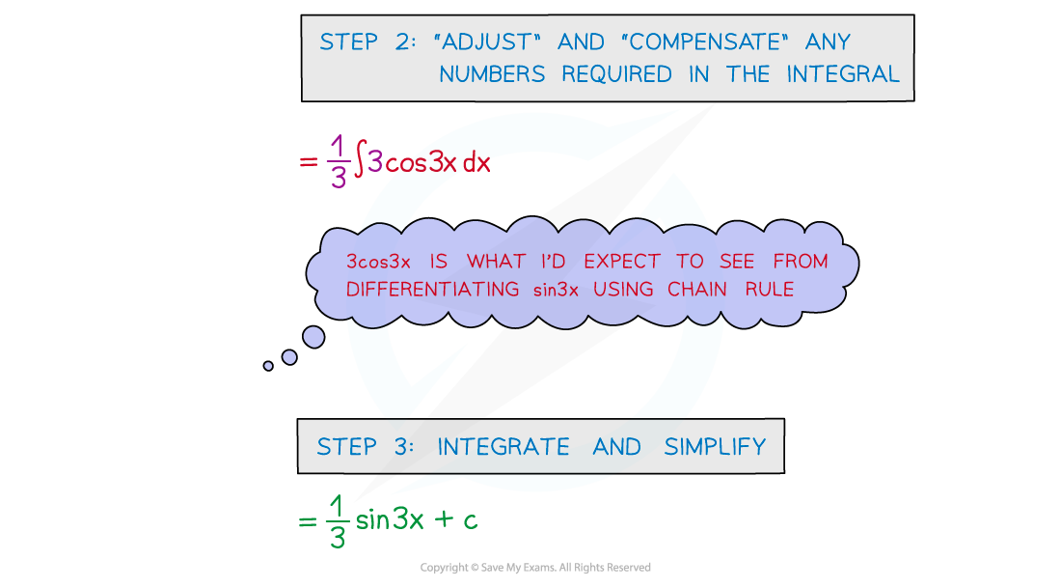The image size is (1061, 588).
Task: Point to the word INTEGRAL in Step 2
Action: pos(843,74)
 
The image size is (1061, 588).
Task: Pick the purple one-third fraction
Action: pos(337,162)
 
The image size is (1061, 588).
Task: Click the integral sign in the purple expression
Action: pos(358,162)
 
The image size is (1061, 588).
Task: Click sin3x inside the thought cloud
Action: pos(555,289)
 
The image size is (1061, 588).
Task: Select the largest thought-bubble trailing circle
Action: pos(313,336)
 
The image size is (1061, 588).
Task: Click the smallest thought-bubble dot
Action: pos(268,366)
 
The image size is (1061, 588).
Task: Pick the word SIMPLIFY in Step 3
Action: pos(715,447)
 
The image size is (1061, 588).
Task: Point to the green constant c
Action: pos(469,521)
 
